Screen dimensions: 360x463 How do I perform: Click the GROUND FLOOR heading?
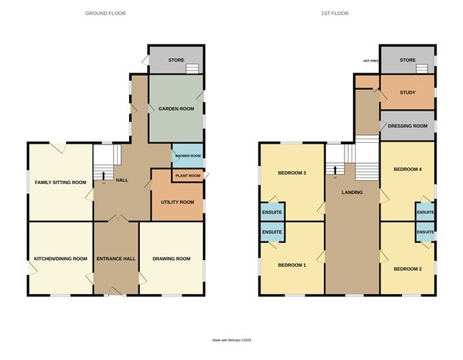pyautogui.click(x=106, y=14)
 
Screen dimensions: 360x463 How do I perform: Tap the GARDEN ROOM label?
pyautogui.click(x=174, y=109)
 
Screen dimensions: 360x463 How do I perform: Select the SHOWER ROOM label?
pyautogui.click(x=187, y=154)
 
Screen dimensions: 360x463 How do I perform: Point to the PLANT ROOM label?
pyautogui.click(x=185, y=175)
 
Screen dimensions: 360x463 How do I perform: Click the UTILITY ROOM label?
pyautogui.click(x=177, y=202)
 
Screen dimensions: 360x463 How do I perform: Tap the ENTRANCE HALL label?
pyautogui.click(x=115, y=259)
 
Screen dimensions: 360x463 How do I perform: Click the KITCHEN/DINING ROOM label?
pyautogui.click(x=60, y=259)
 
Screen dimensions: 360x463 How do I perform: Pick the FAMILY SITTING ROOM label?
pyautogui.click(x=60, y=183)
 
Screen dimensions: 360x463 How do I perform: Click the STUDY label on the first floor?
pyautogui.click(x=408, y=93)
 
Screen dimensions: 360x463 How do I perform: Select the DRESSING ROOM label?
pyautogui.click(x=408, y=126)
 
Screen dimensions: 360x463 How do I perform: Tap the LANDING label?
pyautogui.click(x=352, y=193)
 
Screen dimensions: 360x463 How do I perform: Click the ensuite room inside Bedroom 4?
pyautogui.click(x=425, y=212)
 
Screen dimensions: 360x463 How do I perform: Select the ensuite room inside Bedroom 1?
pyautogui.click(x=272, y=232)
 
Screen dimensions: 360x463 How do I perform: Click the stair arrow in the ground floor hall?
pyautogui.click(x=103, y=175)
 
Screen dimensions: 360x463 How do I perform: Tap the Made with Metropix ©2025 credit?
pyautogui.click(x=231, y=341)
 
